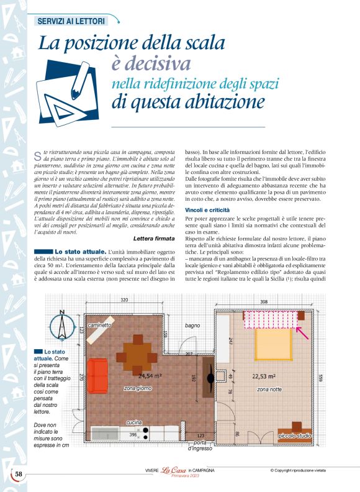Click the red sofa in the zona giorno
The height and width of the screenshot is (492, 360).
point(97,376)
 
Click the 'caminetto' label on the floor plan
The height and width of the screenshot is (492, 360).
point(99,325)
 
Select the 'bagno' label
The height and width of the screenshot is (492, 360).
point(192,326)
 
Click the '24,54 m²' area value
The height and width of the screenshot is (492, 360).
point(150,376)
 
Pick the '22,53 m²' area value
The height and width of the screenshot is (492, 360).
point(267,376)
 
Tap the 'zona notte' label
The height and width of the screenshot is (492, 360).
point(269,389)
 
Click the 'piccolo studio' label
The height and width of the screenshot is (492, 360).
point(294,436)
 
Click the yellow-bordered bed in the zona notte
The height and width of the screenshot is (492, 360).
point(272,344)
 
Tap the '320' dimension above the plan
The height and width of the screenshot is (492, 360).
point(124,300)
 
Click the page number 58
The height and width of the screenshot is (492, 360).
point(19,475)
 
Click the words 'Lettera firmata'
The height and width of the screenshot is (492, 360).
point(153,239)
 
